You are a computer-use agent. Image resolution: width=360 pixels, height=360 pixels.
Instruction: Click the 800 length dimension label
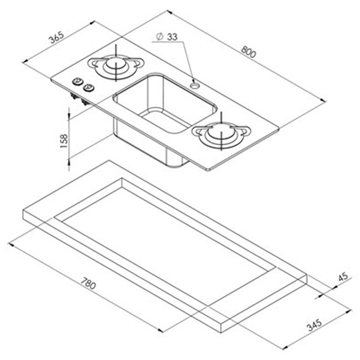248,51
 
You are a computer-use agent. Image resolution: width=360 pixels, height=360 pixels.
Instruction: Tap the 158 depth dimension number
64,139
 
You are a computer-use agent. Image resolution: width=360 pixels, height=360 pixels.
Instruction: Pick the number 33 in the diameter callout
172,37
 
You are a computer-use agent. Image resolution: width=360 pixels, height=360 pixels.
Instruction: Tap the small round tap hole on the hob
195,84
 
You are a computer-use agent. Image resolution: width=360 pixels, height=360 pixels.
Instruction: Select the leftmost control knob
78,81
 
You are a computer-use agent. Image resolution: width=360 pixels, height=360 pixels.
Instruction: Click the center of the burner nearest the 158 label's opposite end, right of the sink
222,134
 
